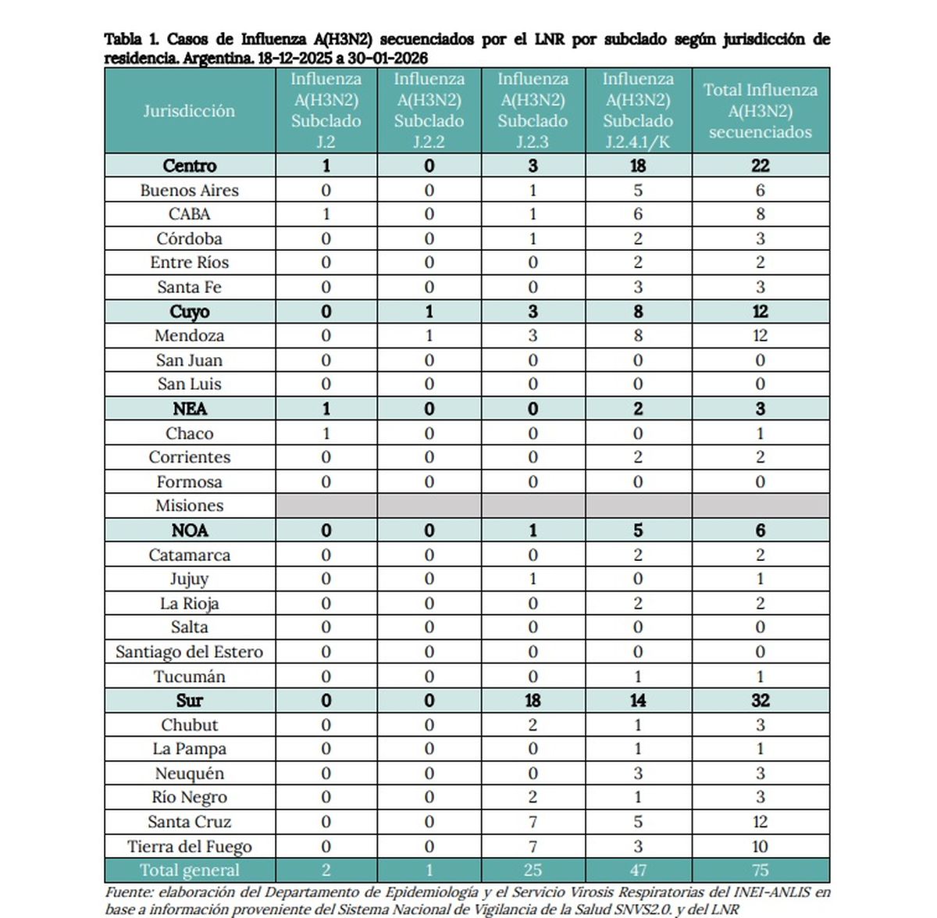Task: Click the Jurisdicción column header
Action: coord(189,110)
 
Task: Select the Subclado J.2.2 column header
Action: coord(429,110)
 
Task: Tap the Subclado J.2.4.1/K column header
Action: coord(638,110)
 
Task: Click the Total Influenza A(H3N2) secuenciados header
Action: coord(760,110)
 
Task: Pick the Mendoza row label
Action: coord(189,336)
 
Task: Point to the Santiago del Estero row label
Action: coord(189,652)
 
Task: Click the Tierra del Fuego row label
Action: coord(189,846)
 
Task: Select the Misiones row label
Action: coord(189,505)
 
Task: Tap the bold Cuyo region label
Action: coord(189,312)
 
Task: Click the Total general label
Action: coord(189,870)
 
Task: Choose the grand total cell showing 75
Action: coord(760,870)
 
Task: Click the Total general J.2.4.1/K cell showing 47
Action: coord(638,870)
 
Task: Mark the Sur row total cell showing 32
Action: coord(760,701)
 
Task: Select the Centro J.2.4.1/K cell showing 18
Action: coord(638,166)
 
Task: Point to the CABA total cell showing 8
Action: coord(760,214)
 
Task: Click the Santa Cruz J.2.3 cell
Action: coord(533,822)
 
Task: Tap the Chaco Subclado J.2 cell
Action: coord(326,434)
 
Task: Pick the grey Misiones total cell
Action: coord(760,505)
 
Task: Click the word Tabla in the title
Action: coord(123,39)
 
